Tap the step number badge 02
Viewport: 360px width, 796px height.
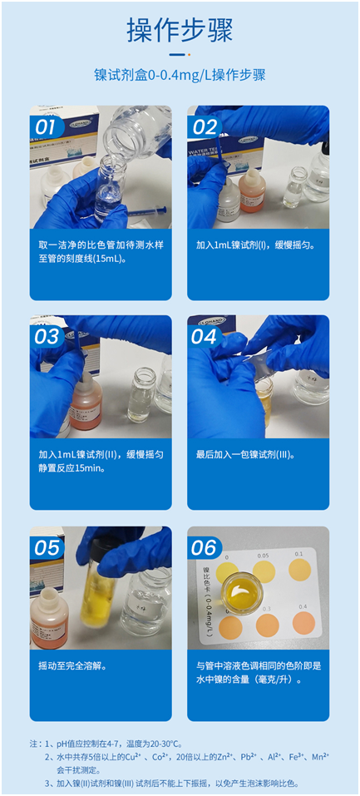point(205,126)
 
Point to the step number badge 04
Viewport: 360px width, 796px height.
point(205,336)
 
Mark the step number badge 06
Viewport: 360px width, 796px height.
point(205,547)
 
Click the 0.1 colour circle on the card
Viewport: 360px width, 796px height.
point(298,570)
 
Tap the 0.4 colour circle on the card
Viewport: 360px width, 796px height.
point(304,622)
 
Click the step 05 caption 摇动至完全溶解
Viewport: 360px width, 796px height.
point(72,665)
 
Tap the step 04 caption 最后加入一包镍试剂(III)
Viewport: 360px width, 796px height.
point(245,455)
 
